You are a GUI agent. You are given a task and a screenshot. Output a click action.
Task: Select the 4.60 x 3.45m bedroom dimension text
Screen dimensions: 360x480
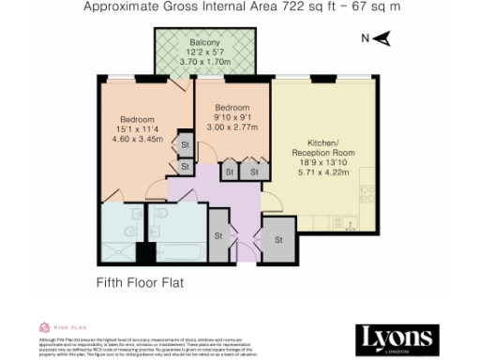137,139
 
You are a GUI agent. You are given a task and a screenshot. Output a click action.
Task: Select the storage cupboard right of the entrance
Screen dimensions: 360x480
277,240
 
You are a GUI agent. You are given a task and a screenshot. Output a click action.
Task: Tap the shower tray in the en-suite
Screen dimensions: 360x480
116,249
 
